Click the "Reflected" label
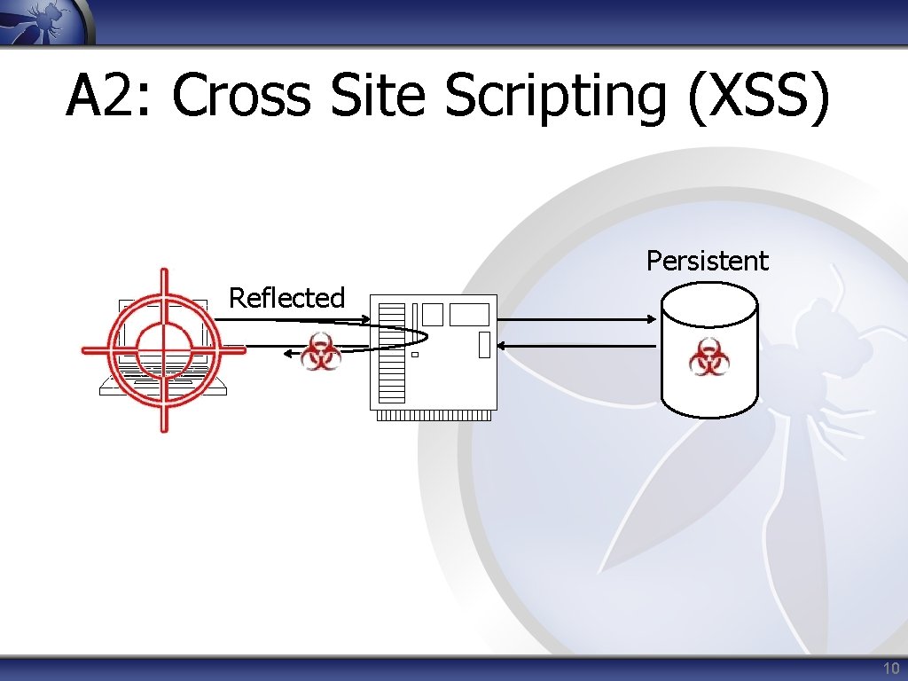286,298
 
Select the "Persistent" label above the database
707,261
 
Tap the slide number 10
890,669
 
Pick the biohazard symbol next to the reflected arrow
320,354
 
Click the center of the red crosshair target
163,349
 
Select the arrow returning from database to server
576,345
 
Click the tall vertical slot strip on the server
391,353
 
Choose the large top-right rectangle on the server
469,314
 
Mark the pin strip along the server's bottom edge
434,415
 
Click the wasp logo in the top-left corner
44,20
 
